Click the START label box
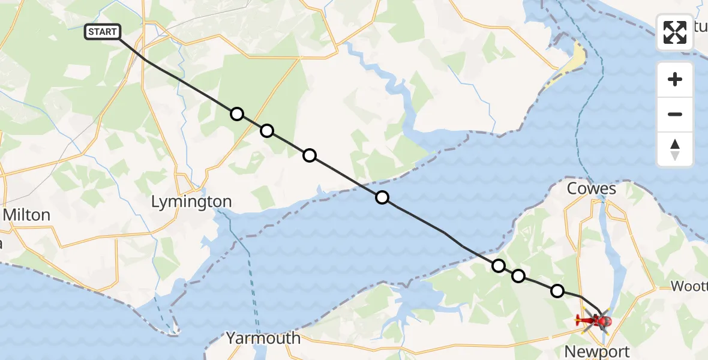(x=103, y=32)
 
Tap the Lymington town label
(x=191, y=202)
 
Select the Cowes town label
(x=592, y=189)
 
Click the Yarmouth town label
(x=263, y=338)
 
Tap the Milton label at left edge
(x=26, y=215)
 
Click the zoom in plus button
(x=675, y=79)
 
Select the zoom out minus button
(x=675, y=114)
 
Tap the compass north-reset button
(x=675, y=149)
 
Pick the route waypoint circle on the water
(x=382, y=197)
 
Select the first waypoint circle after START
(x=237, y=114)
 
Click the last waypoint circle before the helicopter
(x=557, y=291)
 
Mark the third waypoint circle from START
(x=309, y=155)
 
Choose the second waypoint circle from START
(x=267, y=131)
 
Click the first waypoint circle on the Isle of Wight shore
(x=499, y=266)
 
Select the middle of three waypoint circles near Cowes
(x=518, y=276)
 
